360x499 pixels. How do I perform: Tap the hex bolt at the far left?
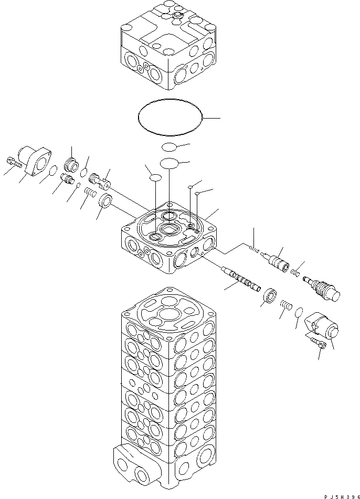pyautogui.click(x=14, y=163)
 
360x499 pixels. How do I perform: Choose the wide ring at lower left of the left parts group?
pyautogui.click(x=105, y=200)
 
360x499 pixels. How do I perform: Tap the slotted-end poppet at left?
pyautogui.click(x=99, y=178)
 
